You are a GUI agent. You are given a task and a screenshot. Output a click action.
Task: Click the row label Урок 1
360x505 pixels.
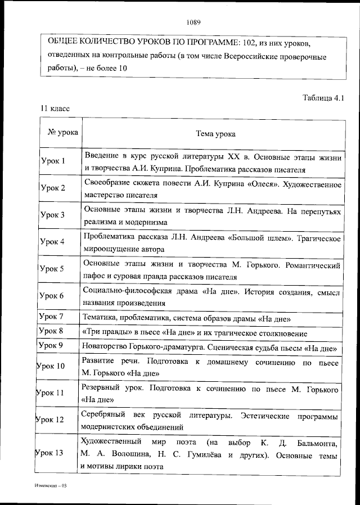pos(53,161)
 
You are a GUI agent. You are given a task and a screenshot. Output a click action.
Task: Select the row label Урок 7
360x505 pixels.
pos(52,318)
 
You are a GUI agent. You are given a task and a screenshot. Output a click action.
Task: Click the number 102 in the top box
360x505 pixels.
pos(249,43)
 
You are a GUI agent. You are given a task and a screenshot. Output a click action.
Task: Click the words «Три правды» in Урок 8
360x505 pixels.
pos(101,332)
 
